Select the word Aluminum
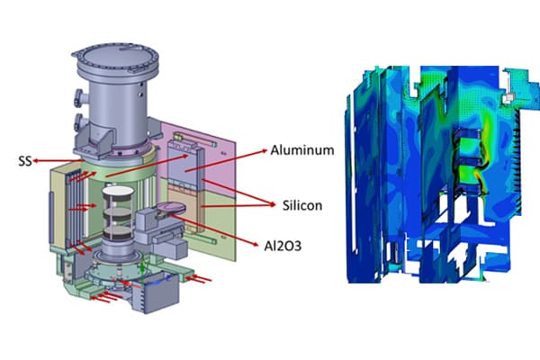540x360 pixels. (x=300, y=150)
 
